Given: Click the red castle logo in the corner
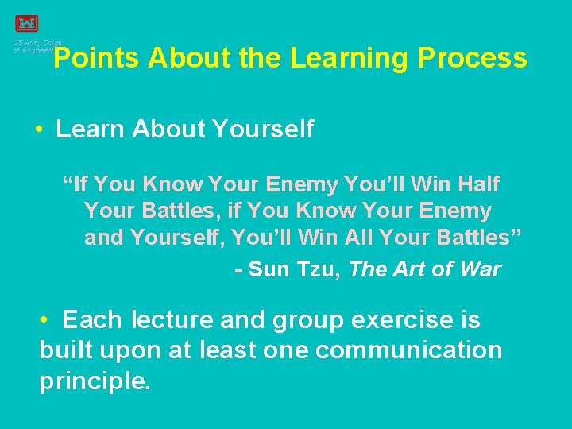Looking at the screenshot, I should (x=26, y=24).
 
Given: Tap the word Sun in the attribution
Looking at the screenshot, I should (x=269, y=269).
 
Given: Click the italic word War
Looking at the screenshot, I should (x=479, y=269).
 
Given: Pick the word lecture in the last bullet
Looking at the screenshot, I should (x=172, y=320).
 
